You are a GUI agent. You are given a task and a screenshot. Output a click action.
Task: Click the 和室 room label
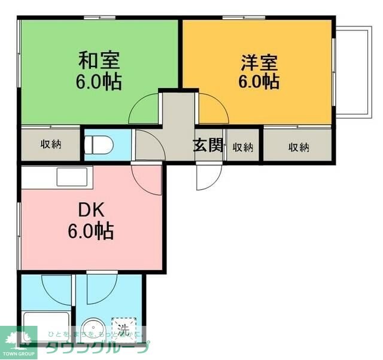click(99, 60)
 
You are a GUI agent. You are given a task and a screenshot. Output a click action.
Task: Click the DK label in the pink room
click(91, 210)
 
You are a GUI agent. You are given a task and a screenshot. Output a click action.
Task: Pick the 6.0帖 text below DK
click(91, 231)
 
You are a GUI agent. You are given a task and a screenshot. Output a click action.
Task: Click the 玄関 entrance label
click(208, 146)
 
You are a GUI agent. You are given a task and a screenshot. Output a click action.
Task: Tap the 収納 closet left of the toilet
click(51, 144)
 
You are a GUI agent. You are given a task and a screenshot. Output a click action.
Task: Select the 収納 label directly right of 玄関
click(242, 147)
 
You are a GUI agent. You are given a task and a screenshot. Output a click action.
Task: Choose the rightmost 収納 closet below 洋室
click(298, 147)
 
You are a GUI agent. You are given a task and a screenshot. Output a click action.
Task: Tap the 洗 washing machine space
click(123, 328)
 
